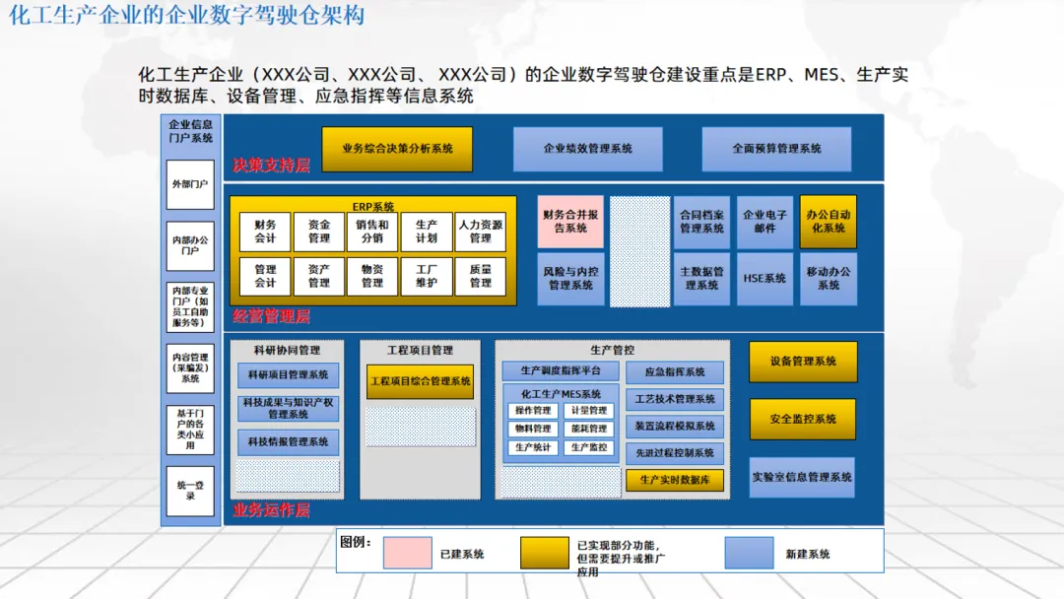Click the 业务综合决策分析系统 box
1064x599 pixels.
click(x=397, y=149)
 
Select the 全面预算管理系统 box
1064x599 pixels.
click(x=776, y=149)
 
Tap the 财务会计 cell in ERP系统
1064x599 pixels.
click(x=265, y=232)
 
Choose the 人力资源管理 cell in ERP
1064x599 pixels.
click(x=480, y=232)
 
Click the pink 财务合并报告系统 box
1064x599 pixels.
click(x=569, y=222)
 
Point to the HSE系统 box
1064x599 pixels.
click(x=765, y=279)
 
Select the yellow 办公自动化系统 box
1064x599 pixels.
click(x=828, y=222)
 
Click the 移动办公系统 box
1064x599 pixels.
click(x=828, y=279)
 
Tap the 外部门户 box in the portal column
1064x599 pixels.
click(x=190, y=185)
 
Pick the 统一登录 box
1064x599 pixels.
click(x=190, y=491)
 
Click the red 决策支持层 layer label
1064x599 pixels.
click(x=271, y=166)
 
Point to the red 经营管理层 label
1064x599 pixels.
click(x=271, y=316)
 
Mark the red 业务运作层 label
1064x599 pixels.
click(x=271, y=510)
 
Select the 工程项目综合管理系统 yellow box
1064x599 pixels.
click(x=420, y=381)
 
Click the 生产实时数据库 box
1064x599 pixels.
click(x=675, y=480)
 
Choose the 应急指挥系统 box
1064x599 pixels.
click(x=675, y=372)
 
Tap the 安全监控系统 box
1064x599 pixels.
click(x=803, y=419)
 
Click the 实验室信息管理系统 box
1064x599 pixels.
click(x=802, y=477)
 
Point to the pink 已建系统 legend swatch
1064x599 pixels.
click(x=407, y=553)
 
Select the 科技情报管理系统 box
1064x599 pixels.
click(x=288, y=442)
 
